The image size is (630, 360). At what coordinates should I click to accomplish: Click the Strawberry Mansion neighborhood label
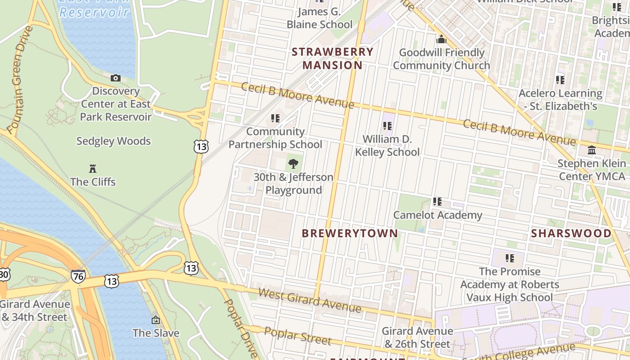pos(333,58)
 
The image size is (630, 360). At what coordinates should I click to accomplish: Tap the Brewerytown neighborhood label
pos(350,233)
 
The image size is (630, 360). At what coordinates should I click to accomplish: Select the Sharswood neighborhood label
pos(571,233)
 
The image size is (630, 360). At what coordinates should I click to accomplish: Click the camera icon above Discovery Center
pos(116,78)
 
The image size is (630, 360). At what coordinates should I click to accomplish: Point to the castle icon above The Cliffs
pos(93,169)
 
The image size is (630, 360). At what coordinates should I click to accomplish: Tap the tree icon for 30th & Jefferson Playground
pos(293,164)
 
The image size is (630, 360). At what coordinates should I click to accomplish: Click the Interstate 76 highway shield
pos(78,276)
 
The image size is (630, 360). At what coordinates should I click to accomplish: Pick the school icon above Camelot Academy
pos(437,202)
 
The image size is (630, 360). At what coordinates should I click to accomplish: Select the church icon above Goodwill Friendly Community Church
pos(441,39)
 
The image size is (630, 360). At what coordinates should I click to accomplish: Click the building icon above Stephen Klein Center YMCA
pos(592,150)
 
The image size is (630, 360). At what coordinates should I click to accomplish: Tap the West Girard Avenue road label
pos(310,301)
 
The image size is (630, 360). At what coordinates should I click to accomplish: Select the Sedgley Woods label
pos(113,141)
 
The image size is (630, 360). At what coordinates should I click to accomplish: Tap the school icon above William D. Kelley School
pos(387,126)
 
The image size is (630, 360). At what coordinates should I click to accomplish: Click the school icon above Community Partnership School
pos(275,118)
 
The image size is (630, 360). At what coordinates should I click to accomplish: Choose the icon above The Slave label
pos(156,320)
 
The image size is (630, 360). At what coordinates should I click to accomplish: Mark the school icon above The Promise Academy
pos(510,258)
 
